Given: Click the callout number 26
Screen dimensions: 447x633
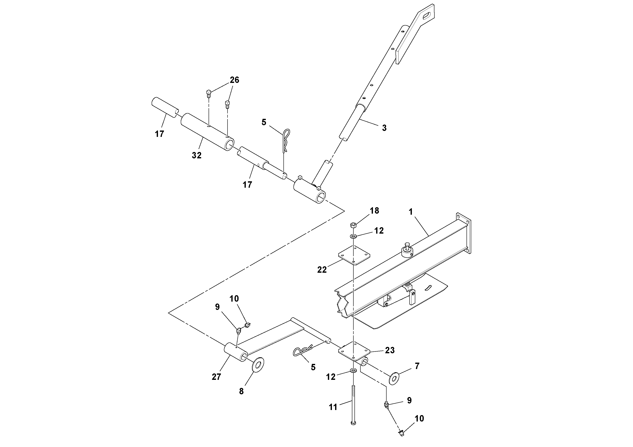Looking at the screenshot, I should (x=234, y=80).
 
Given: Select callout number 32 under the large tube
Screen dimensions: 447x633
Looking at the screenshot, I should (x=196, y=155).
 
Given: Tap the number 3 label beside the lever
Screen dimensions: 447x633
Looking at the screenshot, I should (x=384, y=128).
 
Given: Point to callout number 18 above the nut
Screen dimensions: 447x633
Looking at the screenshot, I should (x=374, y=211).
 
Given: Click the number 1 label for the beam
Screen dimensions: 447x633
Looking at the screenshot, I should (x=411, y=212).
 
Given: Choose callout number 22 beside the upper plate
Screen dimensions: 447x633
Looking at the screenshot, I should (x=322, y=270).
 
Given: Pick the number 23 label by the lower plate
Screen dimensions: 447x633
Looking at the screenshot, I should (x=390, y=350).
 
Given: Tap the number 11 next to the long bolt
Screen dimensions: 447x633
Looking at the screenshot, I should (x=333, y=407).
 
